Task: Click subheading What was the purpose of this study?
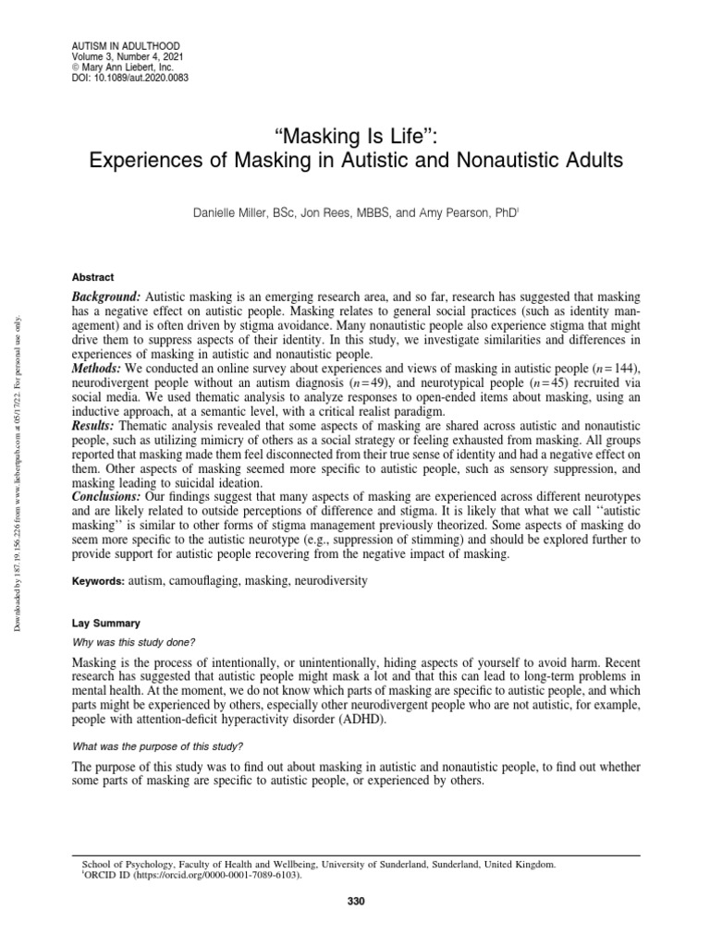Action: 158,746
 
